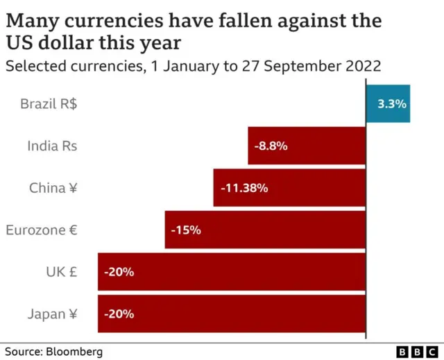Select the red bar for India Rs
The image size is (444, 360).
(x=326, y=146)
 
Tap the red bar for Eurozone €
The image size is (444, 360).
(x=291, y=230)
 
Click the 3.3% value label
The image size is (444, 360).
(x=391, y=103)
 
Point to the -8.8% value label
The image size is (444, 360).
(x=271, y=146)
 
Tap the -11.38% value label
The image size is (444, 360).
(x=244, y=187)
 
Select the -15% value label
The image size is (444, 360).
(x=186, y=230)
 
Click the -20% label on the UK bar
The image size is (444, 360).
(x=119, y=271)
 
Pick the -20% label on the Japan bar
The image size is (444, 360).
(x=119, y=314)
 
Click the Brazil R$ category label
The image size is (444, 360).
(x=49, y=104)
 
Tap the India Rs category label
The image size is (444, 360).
(x=52, y=146)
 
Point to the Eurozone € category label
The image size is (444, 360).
(x=42, y=230)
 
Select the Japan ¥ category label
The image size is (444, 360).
(x=53, y=314)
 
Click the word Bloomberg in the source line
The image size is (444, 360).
(x=74, y=352)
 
